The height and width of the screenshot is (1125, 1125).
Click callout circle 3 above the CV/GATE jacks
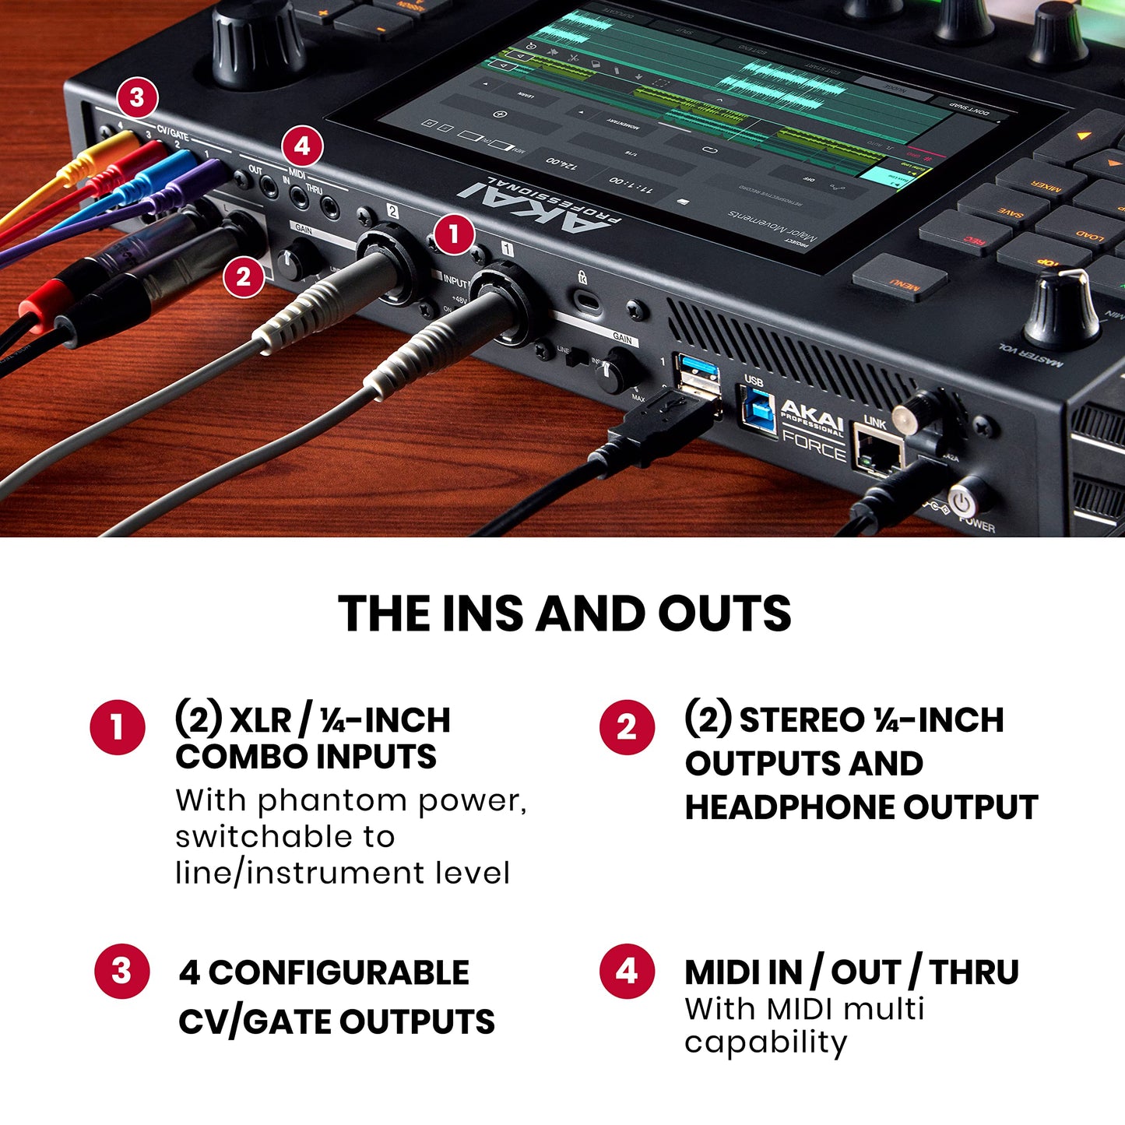pos(137,98)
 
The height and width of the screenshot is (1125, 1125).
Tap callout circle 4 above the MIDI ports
pos(302,146)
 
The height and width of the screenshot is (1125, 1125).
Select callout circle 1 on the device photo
pos(453,234)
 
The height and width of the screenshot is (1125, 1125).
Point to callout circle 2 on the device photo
pos(243,276)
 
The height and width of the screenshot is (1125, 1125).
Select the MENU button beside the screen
pos(900,277)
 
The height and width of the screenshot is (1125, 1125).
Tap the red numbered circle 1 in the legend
pos(118,727)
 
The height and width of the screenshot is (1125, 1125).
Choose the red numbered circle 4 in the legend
pos(627,972)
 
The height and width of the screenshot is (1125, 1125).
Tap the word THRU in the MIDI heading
pos(973,972)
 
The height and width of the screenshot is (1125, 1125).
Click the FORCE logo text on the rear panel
pos(814,448)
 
